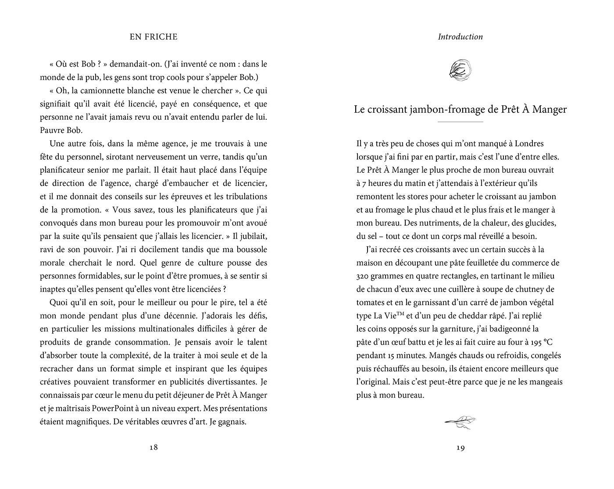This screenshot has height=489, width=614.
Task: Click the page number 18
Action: (x=153, y=448)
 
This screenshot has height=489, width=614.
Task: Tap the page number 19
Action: (x=460, y=448)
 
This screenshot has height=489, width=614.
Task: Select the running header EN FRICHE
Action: (x=153, y=37)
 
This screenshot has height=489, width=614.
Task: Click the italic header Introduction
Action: (x=460, y=37)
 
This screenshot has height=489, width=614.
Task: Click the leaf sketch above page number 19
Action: (x=460, y=422)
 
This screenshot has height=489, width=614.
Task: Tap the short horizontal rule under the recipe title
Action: (x=460, y=121)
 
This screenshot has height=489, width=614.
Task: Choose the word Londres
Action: (x=529, y=143)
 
